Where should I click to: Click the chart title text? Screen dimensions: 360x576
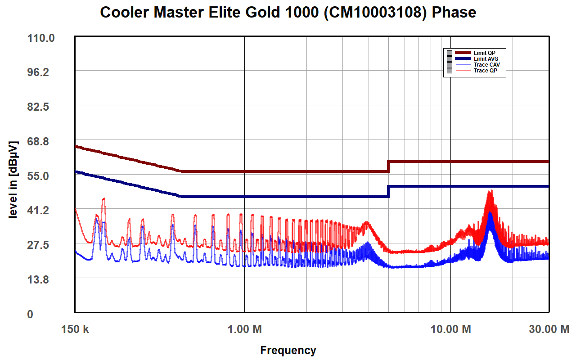pos(288,12)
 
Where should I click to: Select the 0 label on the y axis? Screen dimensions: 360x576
pos(30,314)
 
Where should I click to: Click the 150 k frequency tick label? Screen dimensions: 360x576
pos(75,329)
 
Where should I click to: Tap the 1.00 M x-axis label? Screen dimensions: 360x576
pos(244,329)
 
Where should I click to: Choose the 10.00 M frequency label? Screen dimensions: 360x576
pos(450,329)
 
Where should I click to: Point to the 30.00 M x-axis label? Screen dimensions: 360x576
pos(549,329)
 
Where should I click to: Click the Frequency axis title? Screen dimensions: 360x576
pos(288,350)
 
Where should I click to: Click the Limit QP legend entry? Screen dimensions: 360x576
pos(484,53)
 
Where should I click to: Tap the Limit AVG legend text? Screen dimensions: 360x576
pos(486,59)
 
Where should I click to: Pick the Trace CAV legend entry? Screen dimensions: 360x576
pos(486,65)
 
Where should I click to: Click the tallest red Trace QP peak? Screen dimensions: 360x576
pos(490,191)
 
